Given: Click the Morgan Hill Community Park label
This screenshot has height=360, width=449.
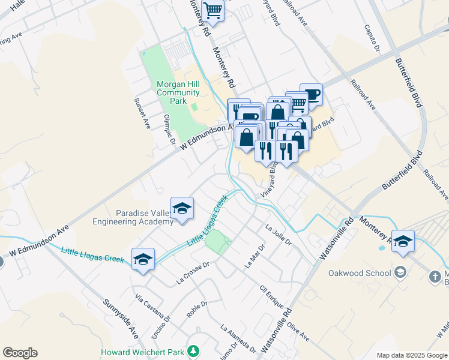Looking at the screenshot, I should (x=178, y=92).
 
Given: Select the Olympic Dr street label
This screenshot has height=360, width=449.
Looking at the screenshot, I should (x=169, y=130).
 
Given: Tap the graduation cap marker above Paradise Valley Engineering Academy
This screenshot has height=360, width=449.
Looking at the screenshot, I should (x=182, y=208).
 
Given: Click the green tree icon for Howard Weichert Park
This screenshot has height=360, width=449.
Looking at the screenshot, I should (x=193, y=350).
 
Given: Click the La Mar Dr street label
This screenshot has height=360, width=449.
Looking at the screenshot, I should (x=255, y=256).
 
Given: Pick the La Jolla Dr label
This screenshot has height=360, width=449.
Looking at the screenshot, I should (x=278, y=235).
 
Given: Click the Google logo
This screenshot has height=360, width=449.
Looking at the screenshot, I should (x=20, y=353).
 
